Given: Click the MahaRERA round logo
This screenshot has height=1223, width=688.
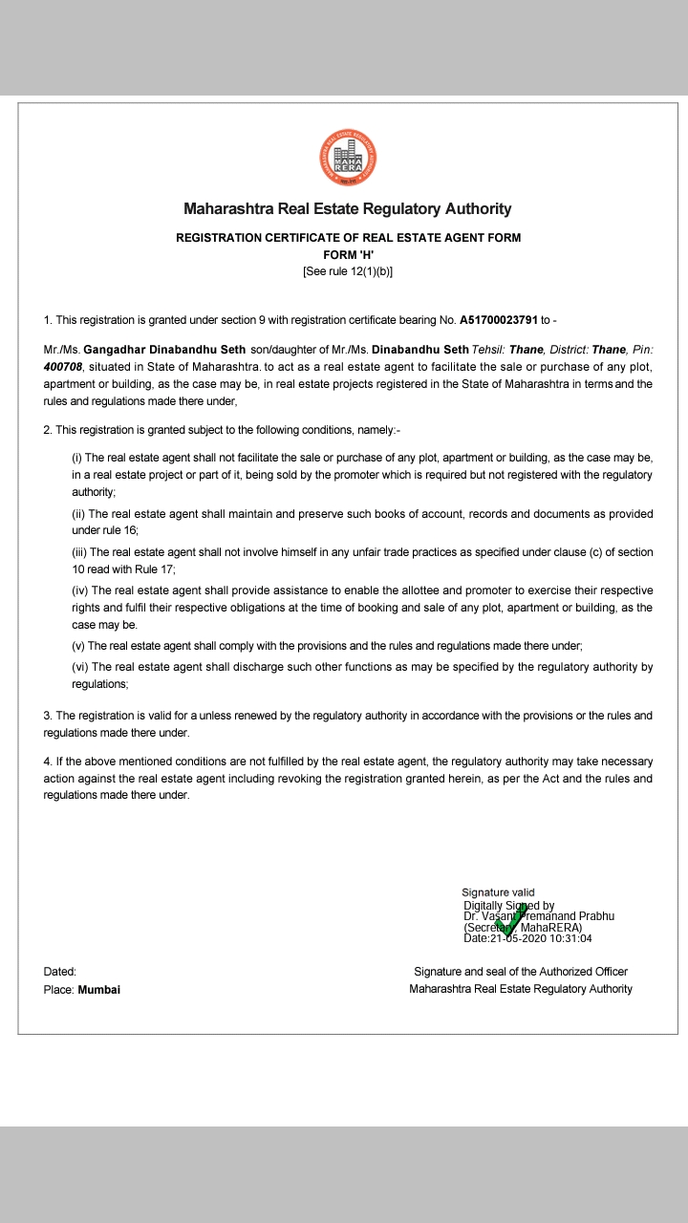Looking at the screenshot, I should pos(347,160).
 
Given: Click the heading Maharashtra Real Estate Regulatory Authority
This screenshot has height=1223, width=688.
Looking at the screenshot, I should pos(347,209).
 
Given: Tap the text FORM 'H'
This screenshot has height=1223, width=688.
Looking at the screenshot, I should pos(347,254).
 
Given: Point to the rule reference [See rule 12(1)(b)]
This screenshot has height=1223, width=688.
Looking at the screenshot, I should pos(347,271).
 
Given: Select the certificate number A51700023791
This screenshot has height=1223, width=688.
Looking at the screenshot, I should pos(499,320).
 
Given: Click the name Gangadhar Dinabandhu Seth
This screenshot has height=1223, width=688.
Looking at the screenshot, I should pos(164,351).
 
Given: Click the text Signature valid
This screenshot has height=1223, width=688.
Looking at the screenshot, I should pos(498,892).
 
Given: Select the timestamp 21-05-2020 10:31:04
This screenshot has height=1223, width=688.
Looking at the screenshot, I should pos(541,938).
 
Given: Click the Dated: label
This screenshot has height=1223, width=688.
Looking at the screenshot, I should pos(59,972).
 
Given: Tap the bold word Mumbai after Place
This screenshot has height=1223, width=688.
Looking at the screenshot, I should pos(98,990).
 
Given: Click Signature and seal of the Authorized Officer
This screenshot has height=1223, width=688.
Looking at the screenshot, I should pos(520,972).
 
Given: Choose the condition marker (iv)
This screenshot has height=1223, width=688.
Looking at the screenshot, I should pos(80,590).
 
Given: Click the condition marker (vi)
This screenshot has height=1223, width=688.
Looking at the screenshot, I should pos(80,667).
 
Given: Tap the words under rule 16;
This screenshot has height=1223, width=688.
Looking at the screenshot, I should pos(105,530).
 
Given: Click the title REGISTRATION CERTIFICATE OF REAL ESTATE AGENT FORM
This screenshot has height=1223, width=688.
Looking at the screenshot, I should pos(348,238).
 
